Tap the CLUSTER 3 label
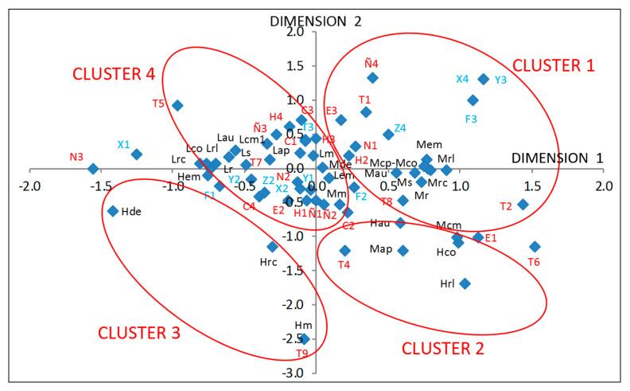coord(139,332)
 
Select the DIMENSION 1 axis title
coord(556,158)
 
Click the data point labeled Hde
coord(113,211)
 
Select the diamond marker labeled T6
coord(535,247)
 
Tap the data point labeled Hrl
coord(465,283)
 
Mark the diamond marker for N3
coord(93,169)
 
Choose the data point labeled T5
coord(178,105)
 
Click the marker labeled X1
coord(136,154)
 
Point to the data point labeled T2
coord(523,204)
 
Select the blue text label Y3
coord(500,80)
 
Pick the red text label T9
coord(301,353)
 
